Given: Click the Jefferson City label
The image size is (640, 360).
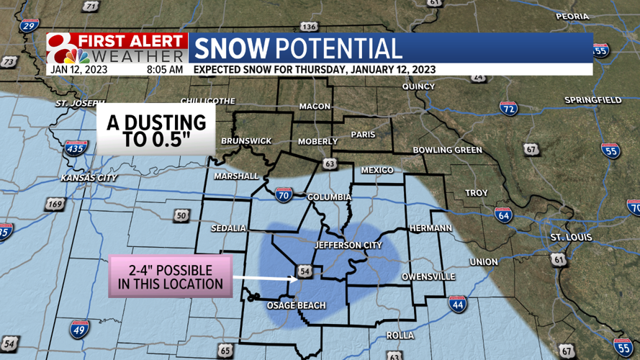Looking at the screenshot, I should (348, 246).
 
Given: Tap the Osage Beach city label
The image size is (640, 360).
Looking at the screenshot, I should (297, 305).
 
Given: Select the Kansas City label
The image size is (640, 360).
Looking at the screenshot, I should (89, 177).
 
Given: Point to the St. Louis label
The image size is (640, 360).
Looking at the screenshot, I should (571, 237).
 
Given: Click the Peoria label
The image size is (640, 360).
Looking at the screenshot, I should (572, 16).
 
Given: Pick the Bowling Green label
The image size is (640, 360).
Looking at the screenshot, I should (447, 150).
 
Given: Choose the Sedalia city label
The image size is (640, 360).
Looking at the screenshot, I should (228, 228).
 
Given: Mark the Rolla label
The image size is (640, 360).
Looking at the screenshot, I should (400, 336).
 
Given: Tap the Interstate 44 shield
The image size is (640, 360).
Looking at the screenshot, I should (457, 303).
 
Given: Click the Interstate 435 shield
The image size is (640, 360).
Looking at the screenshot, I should (75, 149).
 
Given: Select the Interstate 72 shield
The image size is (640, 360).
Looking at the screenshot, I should (508, 109).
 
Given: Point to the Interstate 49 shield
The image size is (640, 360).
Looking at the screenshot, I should (80, 329).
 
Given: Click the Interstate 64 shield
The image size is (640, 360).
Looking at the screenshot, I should (503, 215).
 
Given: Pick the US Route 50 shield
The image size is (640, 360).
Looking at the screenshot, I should (181, 215).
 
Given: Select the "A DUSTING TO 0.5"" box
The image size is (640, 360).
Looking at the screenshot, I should (156, 130).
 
